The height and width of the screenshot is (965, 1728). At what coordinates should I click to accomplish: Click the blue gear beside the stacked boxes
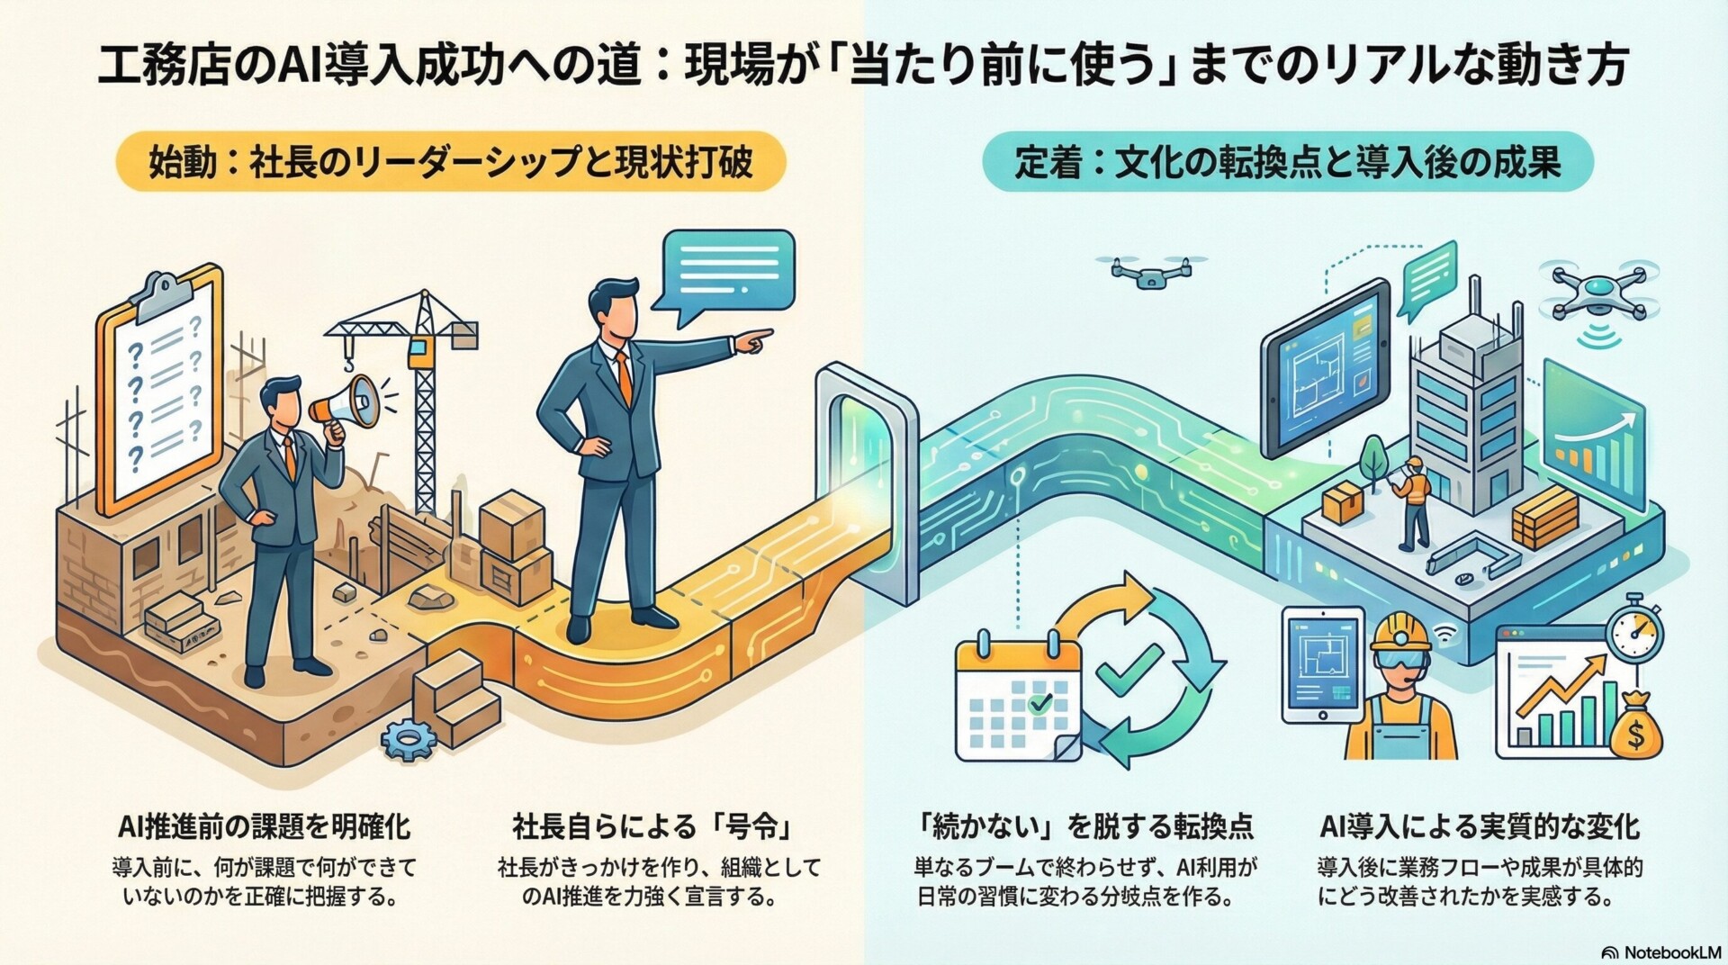point(409,739)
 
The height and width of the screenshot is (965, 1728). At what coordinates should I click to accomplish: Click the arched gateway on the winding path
point(864,468)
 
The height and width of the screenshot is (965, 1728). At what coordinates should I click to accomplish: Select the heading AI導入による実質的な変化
point(1480,825)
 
